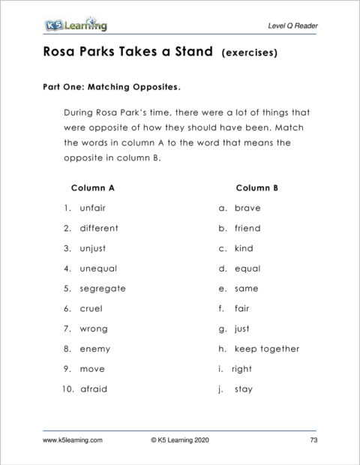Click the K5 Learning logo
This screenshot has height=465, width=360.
click(x=76, y=26)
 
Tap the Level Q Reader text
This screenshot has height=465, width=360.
click(x=292, y=26)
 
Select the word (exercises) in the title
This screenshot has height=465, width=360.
click(x=250, y=54)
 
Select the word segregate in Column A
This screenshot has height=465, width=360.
click(x=103, y=288)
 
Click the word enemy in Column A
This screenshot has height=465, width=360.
click(x=95, y=349)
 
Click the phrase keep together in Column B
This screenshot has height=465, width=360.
click(x=267, y=349)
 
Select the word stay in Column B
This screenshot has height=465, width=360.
click(x=244, y=389)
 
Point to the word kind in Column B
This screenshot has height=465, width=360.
click(x=244, y=248)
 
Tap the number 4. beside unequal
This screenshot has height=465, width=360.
click(x=67, y=268)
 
